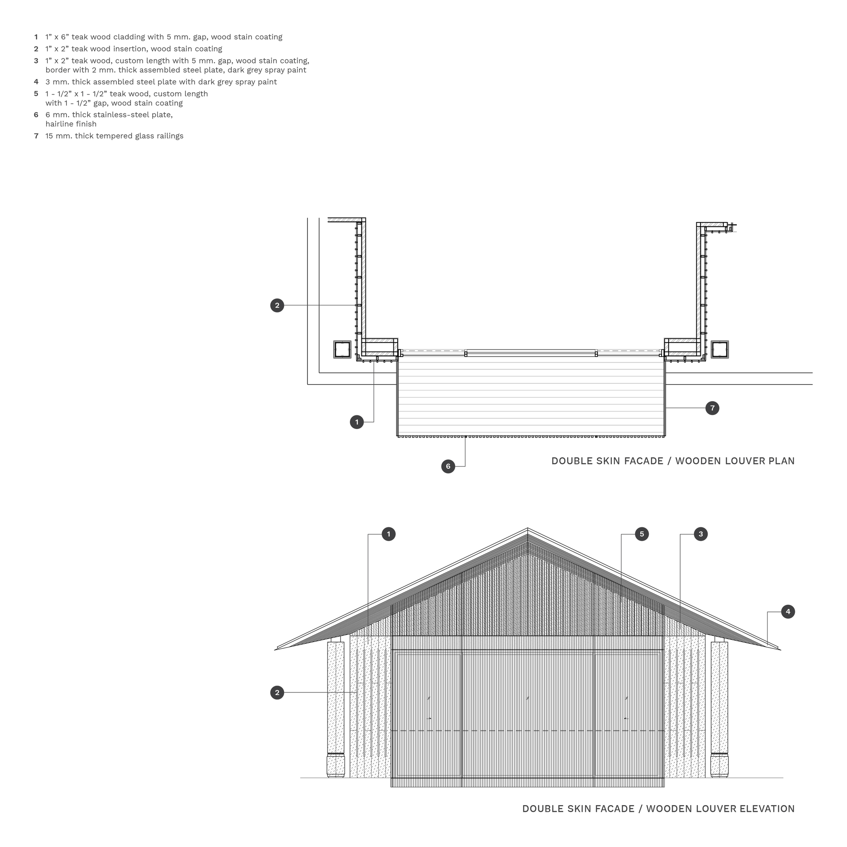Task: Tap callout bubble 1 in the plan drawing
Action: (x=357, y=422)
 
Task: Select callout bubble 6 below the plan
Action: (x=448, y=466)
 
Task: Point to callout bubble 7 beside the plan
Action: (x=712, y=408)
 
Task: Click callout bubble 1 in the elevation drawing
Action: (x=388, y=534)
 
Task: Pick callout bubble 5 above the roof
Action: (x=642, y=534)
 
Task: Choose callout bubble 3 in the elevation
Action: (x=700, y=534)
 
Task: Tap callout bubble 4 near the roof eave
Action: (x=788, y=612)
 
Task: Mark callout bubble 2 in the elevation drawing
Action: (x=277, y=693)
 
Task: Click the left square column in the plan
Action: (x=342, y=349)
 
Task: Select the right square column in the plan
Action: (x=720, y=349)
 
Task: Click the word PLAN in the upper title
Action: (x=781, y=461)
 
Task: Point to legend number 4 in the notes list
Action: (x=36, y=82)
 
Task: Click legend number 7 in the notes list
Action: (x=36, y=136)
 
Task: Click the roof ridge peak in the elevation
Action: (x=527, y=528)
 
